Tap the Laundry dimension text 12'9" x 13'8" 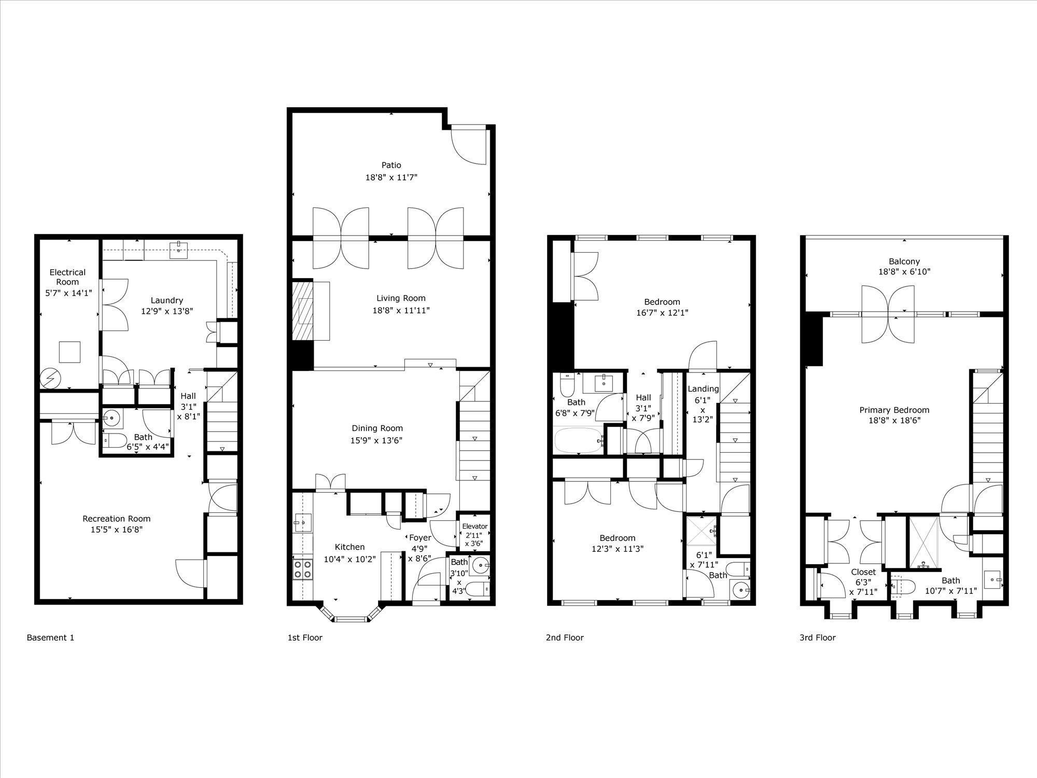click(x=167, y=311)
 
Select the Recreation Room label click(x=117, y=519)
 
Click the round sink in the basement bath click(x=111, y=416)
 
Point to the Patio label click(x=391, y=165)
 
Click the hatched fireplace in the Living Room click(x=303, y=310)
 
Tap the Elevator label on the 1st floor click(x=474, y=526)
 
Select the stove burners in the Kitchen click(x=303, y=569)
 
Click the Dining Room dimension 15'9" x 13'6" click(x=377, y=440)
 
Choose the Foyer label click(x=420, y=538)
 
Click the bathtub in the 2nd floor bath click(x=579, y=441)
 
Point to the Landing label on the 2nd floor click(x=703, y=389)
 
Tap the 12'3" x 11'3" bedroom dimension click(x=617, y=549)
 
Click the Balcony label click(x=904, y=261)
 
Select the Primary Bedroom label click(x=894, y=410)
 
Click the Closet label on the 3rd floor click(x=863, y=572)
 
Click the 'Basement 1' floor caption click(x=50, y=637)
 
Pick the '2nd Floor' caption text click(x=565, y=637)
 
